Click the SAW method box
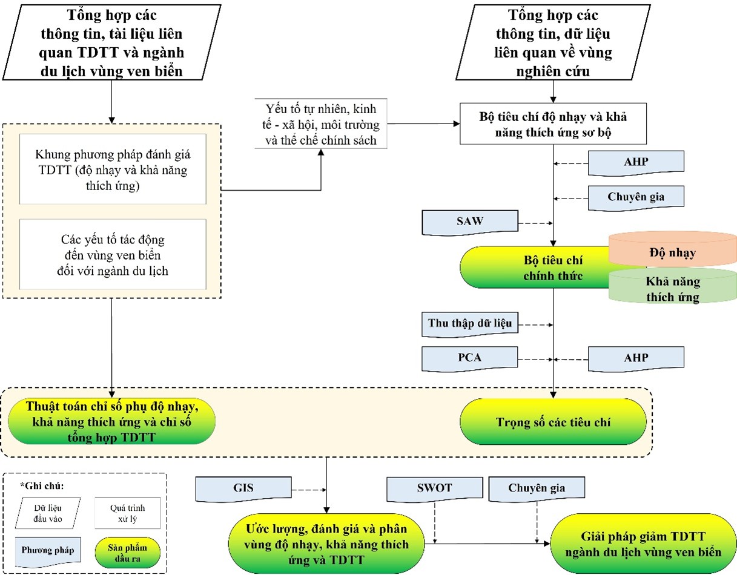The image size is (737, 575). [470, 222]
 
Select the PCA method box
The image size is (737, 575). [470, 358]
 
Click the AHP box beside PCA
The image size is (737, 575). [636, 358]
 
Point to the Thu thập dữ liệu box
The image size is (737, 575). [470, 324]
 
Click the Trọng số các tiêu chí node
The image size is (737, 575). [553, 422]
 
